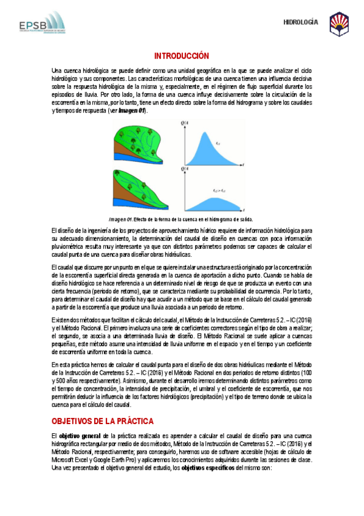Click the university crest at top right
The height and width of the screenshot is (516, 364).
point(339,24)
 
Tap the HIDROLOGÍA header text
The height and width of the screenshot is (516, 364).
point(301,23)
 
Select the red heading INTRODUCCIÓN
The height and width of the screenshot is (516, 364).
point(182,55)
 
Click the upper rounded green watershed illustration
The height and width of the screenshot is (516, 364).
point(139,138)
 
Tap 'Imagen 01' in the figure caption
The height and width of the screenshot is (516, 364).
point(120,219)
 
